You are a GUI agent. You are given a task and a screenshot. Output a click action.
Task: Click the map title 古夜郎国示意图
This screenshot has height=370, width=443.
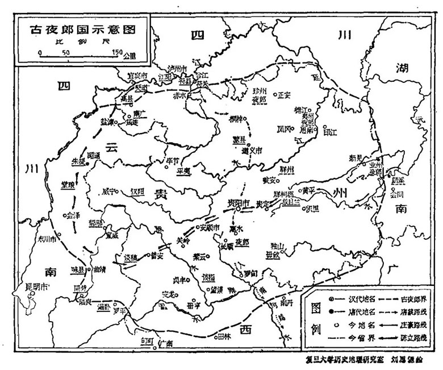click(x=76, y=29)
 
